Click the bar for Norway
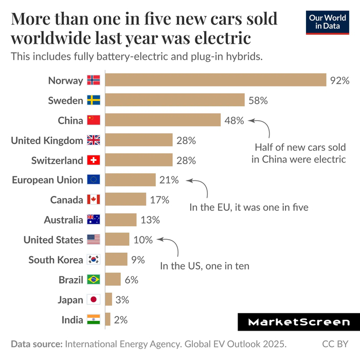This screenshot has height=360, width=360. (216, 80)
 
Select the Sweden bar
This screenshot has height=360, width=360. (175, 100)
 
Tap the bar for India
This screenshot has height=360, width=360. (108, 319)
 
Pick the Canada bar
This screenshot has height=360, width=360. (126, 200)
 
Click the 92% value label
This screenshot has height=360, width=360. (340, 80)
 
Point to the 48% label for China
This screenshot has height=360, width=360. (234, 120)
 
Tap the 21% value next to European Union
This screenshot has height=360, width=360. (169, 180)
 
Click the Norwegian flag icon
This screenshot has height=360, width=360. (93, 80)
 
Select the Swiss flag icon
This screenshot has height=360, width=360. (93, 160)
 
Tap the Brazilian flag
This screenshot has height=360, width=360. (93, 280)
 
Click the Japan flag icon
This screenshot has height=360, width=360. (93, 300)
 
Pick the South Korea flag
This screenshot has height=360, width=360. (93, 260)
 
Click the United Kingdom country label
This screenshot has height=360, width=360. (47, 140)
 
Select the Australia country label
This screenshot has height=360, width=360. (63, 220)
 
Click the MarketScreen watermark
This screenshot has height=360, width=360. (298, 322)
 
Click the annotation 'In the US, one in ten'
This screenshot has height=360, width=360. (205, 266)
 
